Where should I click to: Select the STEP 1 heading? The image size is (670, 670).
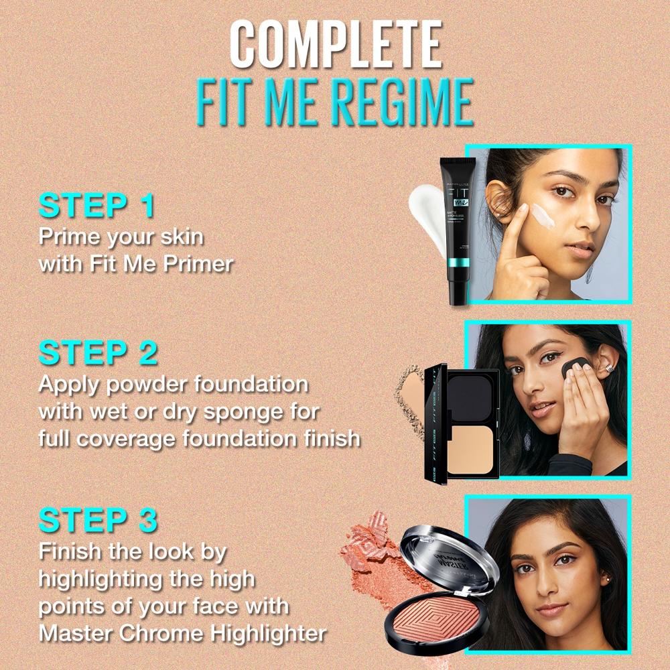click(96, 206)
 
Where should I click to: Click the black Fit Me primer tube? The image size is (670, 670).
click(457, 228)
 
